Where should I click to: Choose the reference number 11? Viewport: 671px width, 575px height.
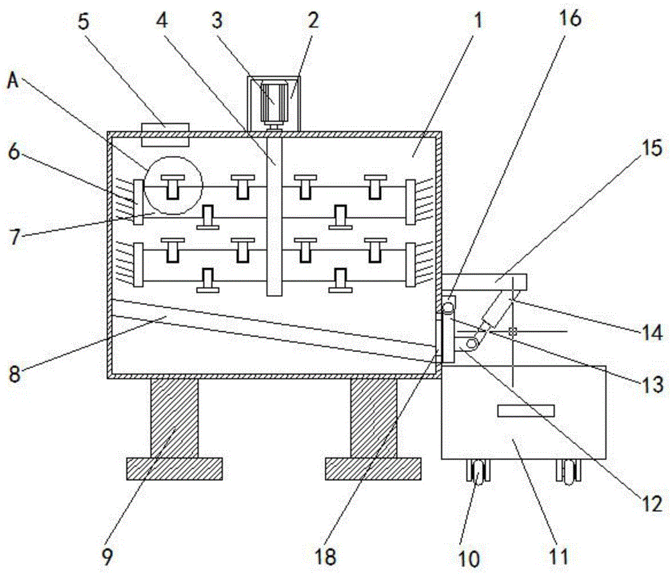point(560,556)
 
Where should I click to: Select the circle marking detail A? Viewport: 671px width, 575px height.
point(174,184)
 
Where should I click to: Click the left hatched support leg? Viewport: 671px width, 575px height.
point(174,417)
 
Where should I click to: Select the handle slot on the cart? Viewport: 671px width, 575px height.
point(525,410)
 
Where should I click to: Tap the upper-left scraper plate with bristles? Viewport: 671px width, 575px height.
point(138,202)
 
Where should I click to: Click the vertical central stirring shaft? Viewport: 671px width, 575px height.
point(273,215)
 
